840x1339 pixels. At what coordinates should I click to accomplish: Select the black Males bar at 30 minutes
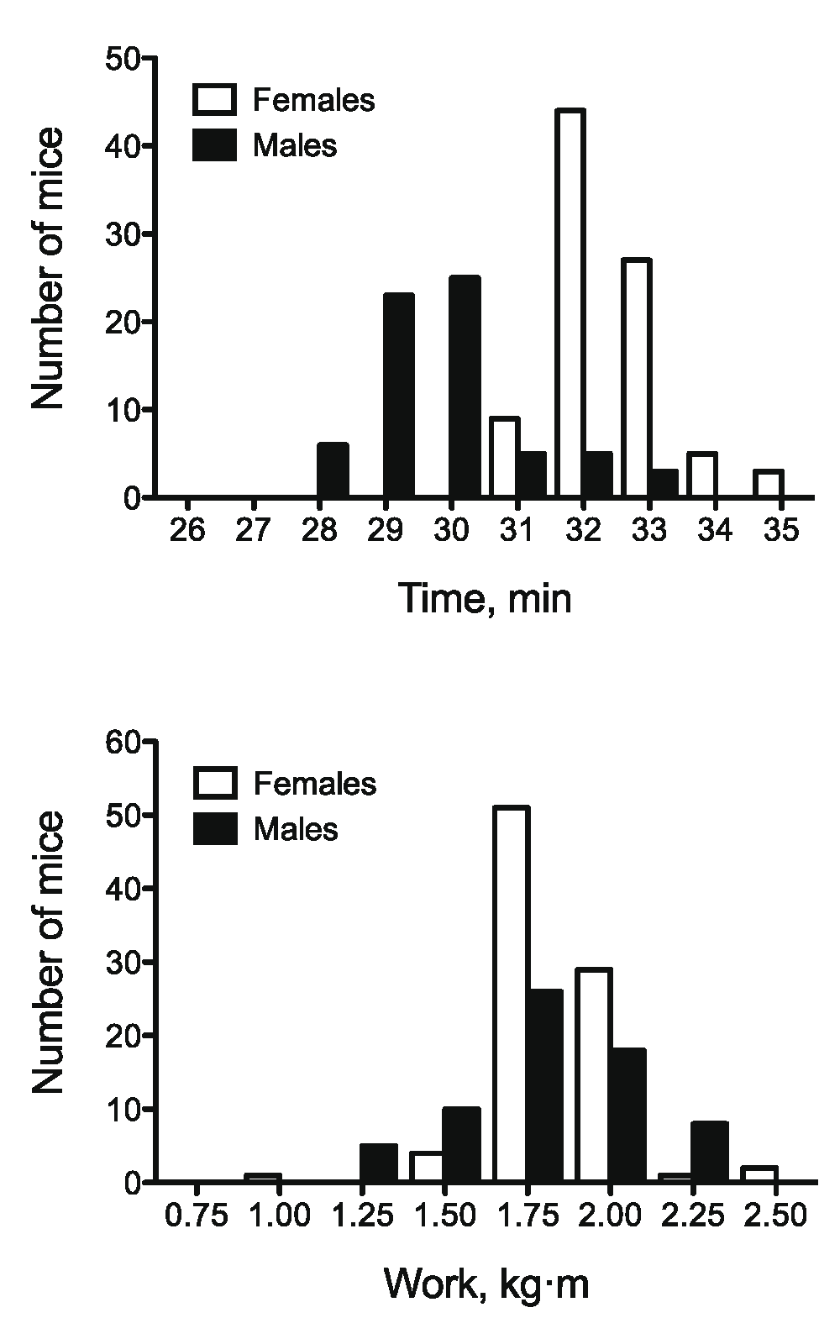[x=465, y=386]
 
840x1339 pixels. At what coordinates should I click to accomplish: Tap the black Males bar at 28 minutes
[x=333, y=470]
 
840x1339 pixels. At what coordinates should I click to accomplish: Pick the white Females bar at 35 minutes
[x=768, y=485]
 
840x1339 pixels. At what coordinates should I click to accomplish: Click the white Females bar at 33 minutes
[x=635, y=378]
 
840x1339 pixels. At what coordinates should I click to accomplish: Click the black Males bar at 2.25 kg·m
[x=710, y=1152]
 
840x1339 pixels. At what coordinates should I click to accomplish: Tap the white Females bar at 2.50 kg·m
[x=759, y=1175]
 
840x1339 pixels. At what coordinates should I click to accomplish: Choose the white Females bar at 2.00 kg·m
[x=594, y=1075]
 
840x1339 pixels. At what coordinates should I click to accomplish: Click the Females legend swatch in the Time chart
[x=214, y=99]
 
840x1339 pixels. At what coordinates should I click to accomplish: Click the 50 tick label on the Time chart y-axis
[x=123, y=59]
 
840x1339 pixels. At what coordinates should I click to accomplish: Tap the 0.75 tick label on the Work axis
[x=197, y=1216]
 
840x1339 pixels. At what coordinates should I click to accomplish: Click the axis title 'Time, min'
[x=486, y=599]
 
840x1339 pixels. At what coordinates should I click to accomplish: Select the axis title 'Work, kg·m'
[x=486, y=1284]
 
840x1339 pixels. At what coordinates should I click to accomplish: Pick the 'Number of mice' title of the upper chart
[x=49, y=269]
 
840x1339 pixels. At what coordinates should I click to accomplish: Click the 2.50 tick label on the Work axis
[x=776, y=1216]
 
